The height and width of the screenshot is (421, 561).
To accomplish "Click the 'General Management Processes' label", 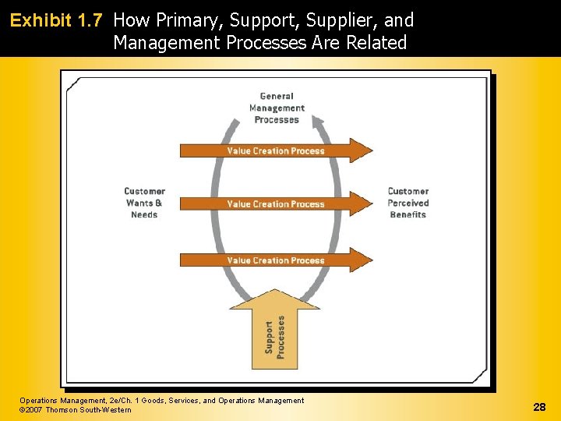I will (277, 108).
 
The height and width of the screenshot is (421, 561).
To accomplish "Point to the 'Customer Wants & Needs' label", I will (144, 203).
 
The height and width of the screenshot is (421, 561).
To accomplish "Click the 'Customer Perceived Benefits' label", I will (408, 203).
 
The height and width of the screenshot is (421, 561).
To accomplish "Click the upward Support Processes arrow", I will (274, 327).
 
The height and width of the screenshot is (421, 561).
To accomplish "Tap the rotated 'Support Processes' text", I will (274, 337).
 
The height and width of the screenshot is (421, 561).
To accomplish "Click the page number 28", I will (539, 407).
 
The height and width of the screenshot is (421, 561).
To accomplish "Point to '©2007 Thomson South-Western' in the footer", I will (76, 410).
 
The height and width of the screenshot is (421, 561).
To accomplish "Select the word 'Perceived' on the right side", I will (408, 203).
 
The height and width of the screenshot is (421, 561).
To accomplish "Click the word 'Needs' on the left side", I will (144, 214).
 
